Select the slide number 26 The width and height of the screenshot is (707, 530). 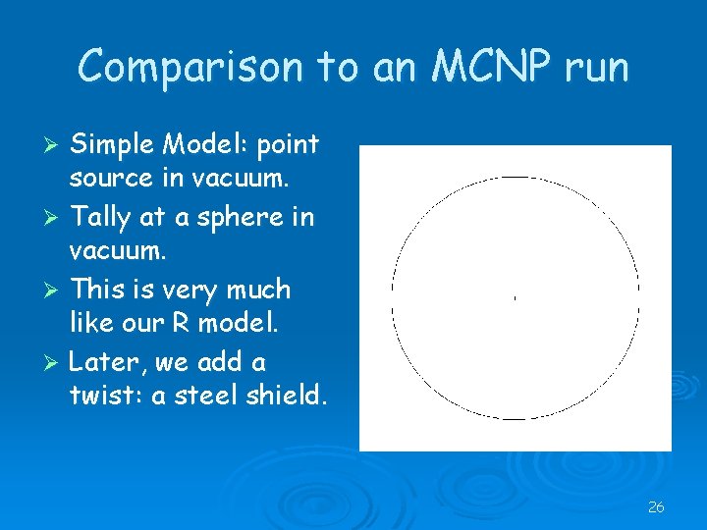[656, 507]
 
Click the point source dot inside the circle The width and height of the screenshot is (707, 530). [515, 296]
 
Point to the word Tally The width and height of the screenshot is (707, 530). [101, 217]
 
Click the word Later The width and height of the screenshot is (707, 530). [106, 362]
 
